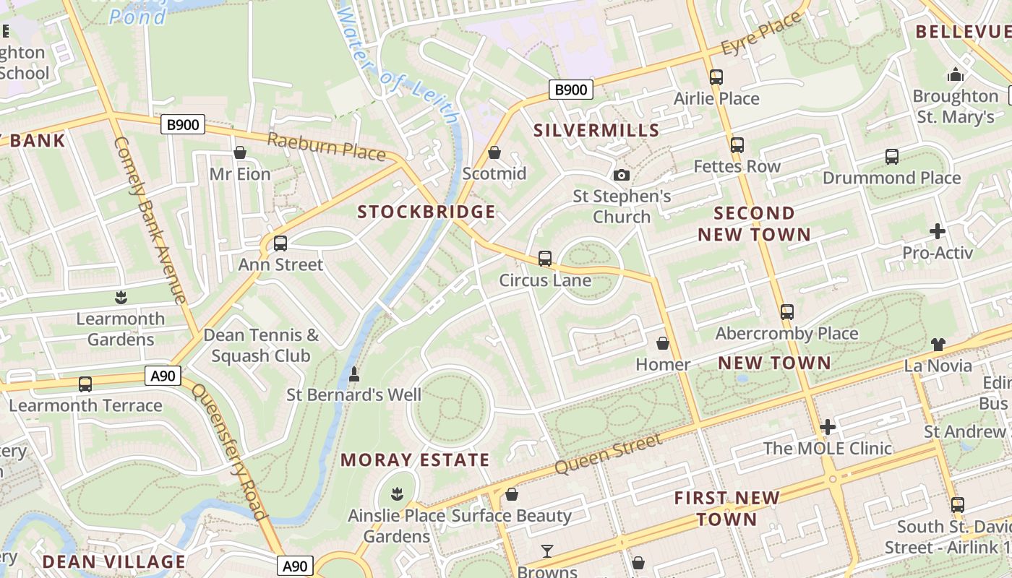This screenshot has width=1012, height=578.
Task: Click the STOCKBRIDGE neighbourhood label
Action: pyautogui.click(x=426, y=212)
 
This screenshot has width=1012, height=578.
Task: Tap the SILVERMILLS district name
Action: pyautogui.click(x=596, y=130)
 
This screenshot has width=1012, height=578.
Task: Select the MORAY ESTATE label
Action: pyautogui.click(x=415, y=460)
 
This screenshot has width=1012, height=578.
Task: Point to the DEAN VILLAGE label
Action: pyautogui.click(x=113, y=561)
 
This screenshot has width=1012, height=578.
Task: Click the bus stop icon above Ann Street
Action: pyautogui.click(x=280, y=243)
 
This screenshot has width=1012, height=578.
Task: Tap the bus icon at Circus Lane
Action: pyautogui.click(x=545, y=259)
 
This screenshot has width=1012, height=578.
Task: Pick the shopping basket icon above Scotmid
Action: pyautogui.click(x=494, y=152)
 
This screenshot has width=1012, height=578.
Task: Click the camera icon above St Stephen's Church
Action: pyautogui.click(x=621, y=175)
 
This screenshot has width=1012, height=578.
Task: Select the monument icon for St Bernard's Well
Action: pyautogui.click(x=353, y=374)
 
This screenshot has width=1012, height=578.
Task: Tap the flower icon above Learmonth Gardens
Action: pyautogui.click(x=121, y=297)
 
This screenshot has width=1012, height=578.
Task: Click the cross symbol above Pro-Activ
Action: pyautogui.click(x=938, y=231)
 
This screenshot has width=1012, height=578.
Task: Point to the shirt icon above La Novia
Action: pyautogui.click(x=938, y=344)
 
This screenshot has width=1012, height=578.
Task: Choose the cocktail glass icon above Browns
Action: pyautogui.click(x=547, y=552)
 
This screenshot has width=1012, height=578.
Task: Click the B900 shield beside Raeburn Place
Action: pyautogui.click(x=183, y=125)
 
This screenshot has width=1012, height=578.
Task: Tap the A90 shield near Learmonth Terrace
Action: pyautogui.click(x=163, y=376)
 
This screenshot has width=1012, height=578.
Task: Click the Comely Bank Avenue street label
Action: pyautogui.click(x=150, y=220)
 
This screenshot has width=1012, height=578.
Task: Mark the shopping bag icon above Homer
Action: pyautogui.click(x=662, y=343)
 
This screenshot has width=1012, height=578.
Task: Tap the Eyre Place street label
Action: pyautogui.click(x=761, y=34)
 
